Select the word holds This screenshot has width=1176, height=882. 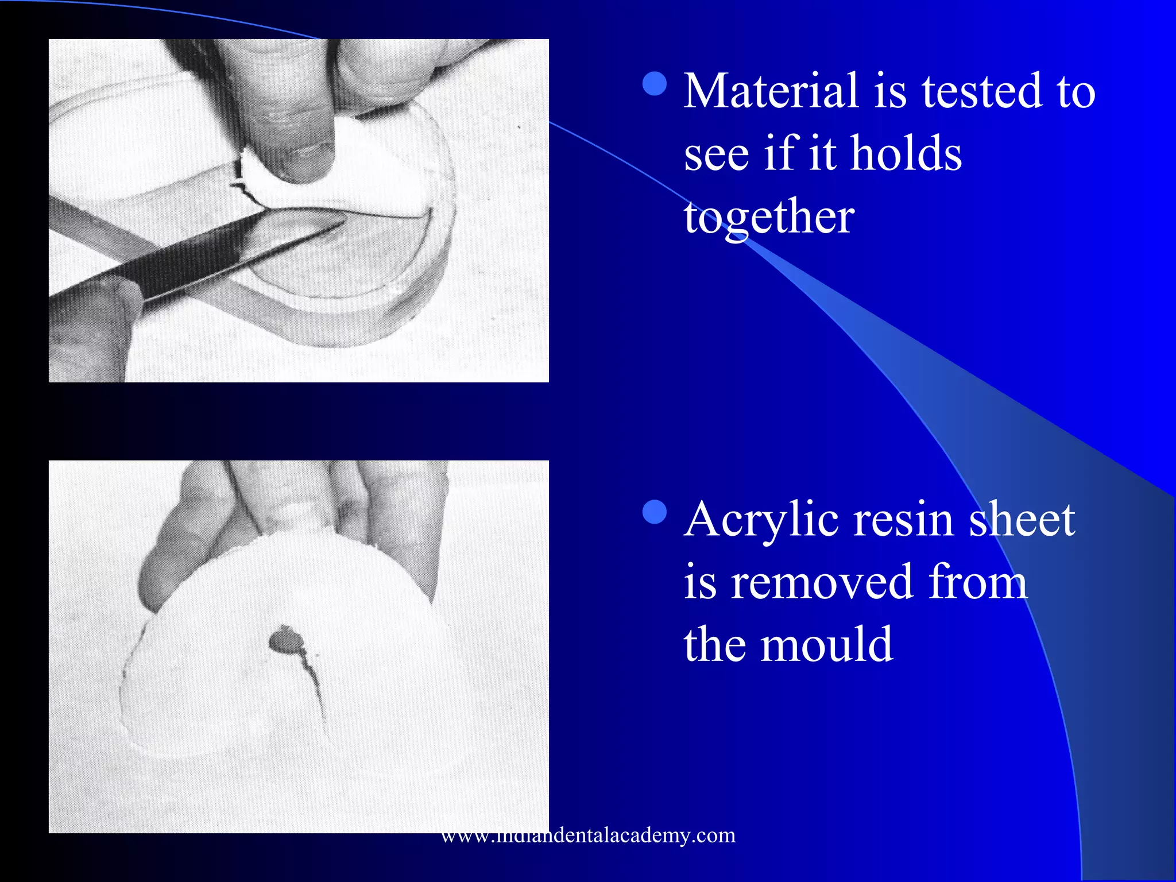pos(906,153)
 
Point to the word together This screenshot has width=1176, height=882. pos(769,218)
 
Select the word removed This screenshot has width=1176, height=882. pos(822,582)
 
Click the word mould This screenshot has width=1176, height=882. pos(826,644)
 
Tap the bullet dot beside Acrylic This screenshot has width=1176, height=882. pos(655,513)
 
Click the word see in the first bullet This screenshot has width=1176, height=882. pos(716,154)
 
